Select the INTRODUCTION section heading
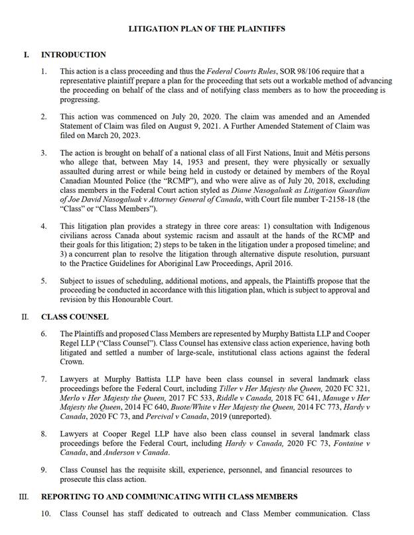(x=74, y=54)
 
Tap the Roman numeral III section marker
(x=24, y=497)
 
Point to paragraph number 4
(x=44, y=226)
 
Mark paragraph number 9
(x=44, y=470)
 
